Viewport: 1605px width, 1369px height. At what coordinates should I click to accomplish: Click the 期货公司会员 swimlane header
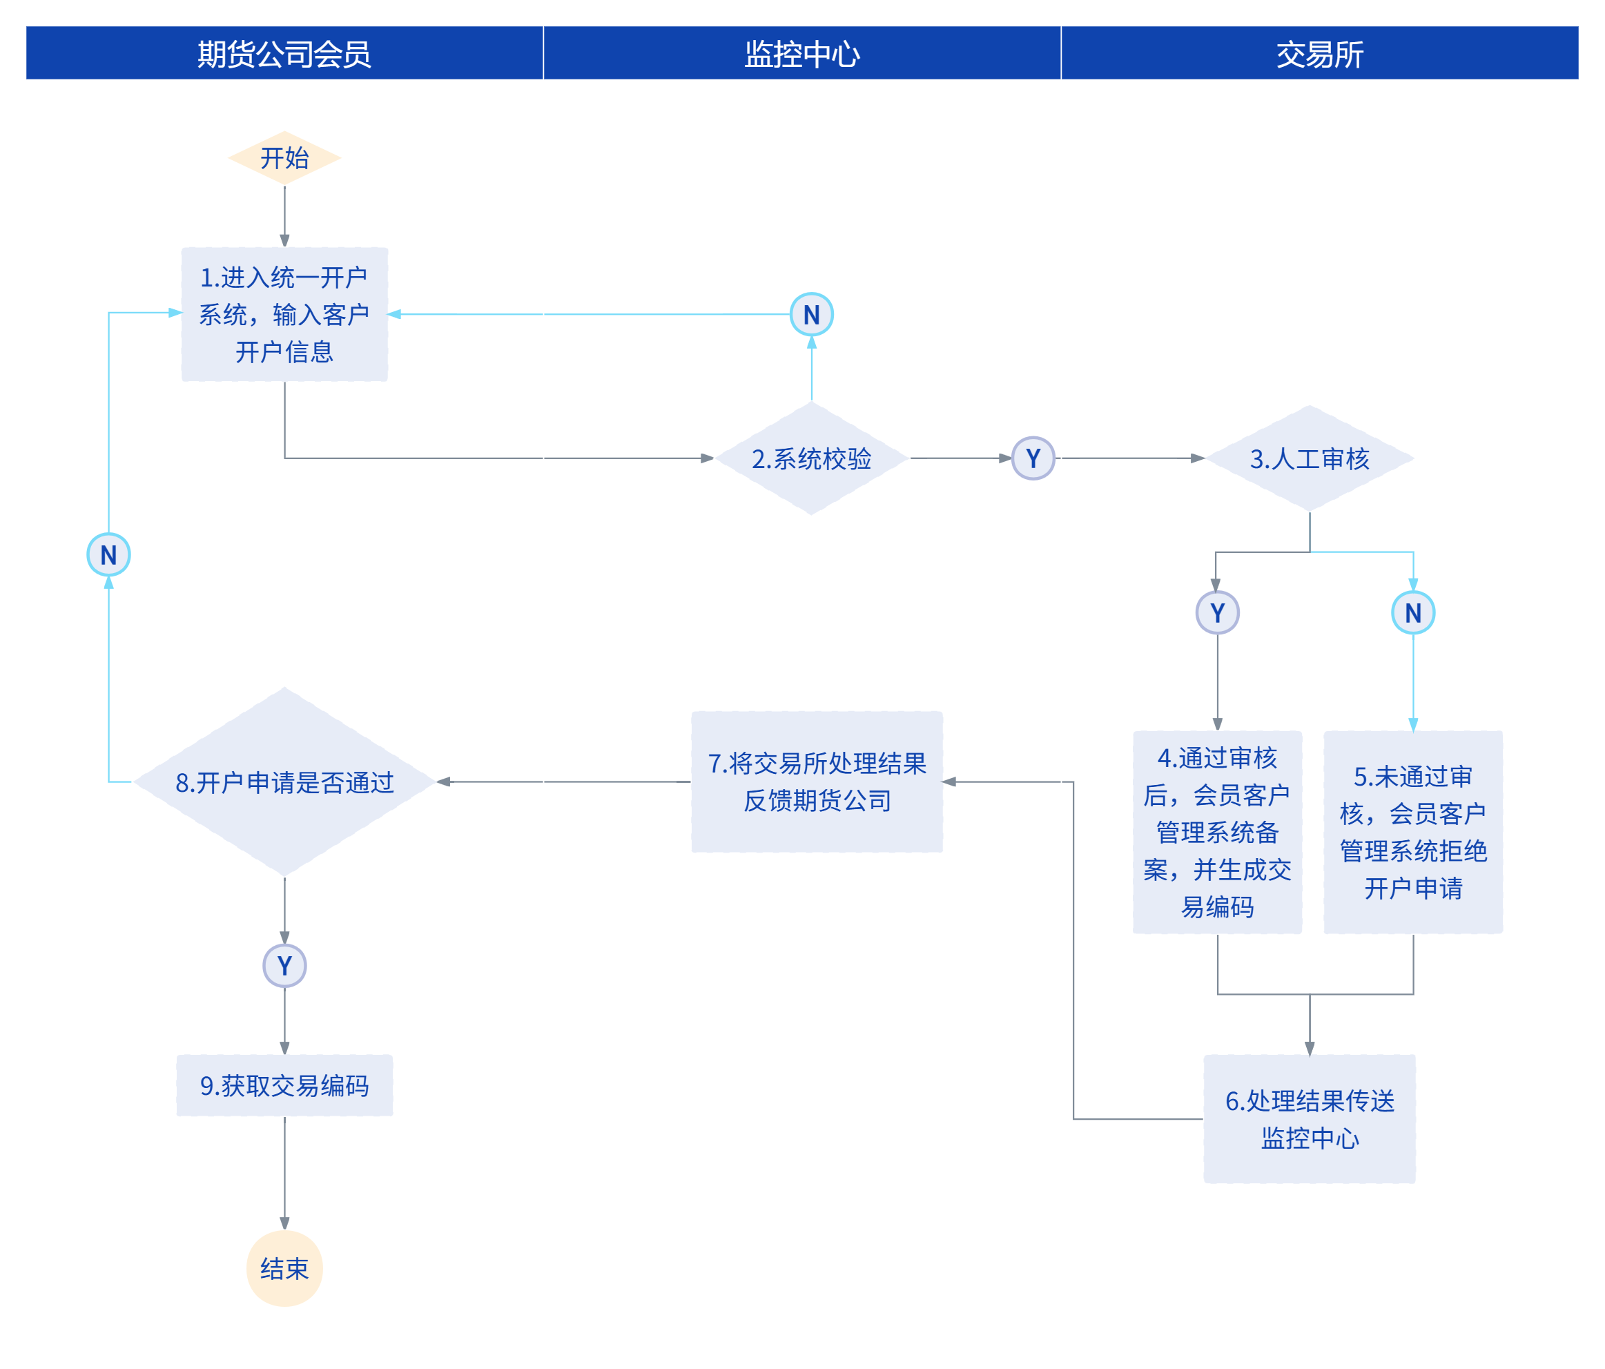[x=284, y=52]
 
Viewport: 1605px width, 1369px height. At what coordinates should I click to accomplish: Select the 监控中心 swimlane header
[x=801, y=52]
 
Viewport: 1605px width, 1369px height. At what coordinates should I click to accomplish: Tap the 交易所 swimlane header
[x=1319, y=52]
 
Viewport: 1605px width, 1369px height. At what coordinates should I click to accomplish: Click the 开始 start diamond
[x=284, y=158]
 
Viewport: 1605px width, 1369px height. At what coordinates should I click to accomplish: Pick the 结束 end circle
[x=284, y=1268]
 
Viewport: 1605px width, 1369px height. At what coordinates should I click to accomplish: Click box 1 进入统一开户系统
[x=284, y=314]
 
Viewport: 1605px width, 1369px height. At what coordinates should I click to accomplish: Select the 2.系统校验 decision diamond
[x=811, y=458]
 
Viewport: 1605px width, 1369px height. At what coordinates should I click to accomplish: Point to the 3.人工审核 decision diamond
[x=1310, y=458]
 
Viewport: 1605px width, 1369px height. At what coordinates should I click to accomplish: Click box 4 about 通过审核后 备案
[x=1217, y=832]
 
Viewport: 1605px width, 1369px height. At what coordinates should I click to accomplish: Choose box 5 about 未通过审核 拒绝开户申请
[x=1413, y=832]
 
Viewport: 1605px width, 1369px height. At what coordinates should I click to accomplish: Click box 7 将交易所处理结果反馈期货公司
[x=817, y=781]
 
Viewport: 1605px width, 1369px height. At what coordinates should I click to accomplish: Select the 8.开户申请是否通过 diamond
[x=284, y=781]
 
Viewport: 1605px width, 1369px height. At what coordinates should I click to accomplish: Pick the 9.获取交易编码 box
[x=284, y=1085]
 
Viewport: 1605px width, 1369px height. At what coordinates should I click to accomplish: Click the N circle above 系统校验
[x=811, y=315]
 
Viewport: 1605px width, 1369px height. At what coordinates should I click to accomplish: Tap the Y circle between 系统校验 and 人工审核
[x=1033, y=458]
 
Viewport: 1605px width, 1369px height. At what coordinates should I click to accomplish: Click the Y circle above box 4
[x=1217, y=613]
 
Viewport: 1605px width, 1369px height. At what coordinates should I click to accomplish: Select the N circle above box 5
[x=1413, y=613]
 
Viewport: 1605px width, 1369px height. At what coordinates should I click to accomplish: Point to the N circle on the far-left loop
[x=108, y=555]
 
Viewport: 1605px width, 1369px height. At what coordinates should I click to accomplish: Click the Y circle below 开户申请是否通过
[x=284, y=965]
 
